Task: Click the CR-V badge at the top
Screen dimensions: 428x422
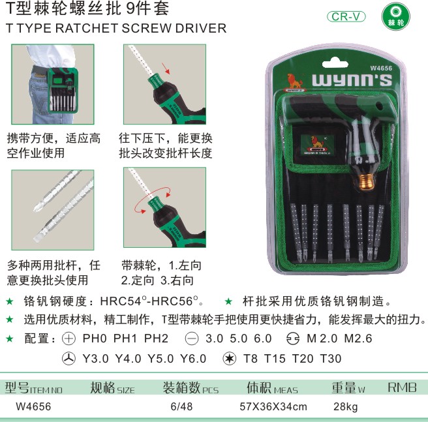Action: coord(346,17)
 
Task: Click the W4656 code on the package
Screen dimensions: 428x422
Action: coord(381,68)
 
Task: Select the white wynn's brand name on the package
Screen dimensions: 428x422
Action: coord(352,80)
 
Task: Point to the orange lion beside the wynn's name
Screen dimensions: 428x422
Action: coord(295,82)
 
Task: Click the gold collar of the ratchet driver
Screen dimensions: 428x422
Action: coord(366,182)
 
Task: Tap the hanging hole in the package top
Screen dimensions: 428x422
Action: coord(335,63)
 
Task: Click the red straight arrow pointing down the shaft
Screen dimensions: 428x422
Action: coord(166,68)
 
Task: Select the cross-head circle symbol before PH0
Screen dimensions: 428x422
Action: coord(69,339)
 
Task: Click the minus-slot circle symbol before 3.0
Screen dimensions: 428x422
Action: coord(192,339)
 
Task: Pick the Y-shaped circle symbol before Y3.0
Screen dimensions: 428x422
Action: coord(69,359)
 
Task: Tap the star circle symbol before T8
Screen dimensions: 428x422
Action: coord(229,359)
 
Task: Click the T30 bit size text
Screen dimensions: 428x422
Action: coord(331,359)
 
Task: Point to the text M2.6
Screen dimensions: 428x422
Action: coord(358,339)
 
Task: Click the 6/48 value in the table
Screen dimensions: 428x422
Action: coord(181,406)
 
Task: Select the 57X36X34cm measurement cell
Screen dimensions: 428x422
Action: coord(273,406)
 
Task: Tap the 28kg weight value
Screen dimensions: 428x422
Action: coord(346,407)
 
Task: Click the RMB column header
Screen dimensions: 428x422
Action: coord(402,387)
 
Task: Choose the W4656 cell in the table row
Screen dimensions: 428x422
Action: coord(33,406)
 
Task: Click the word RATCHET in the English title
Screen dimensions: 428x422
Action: coord(87,28)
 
